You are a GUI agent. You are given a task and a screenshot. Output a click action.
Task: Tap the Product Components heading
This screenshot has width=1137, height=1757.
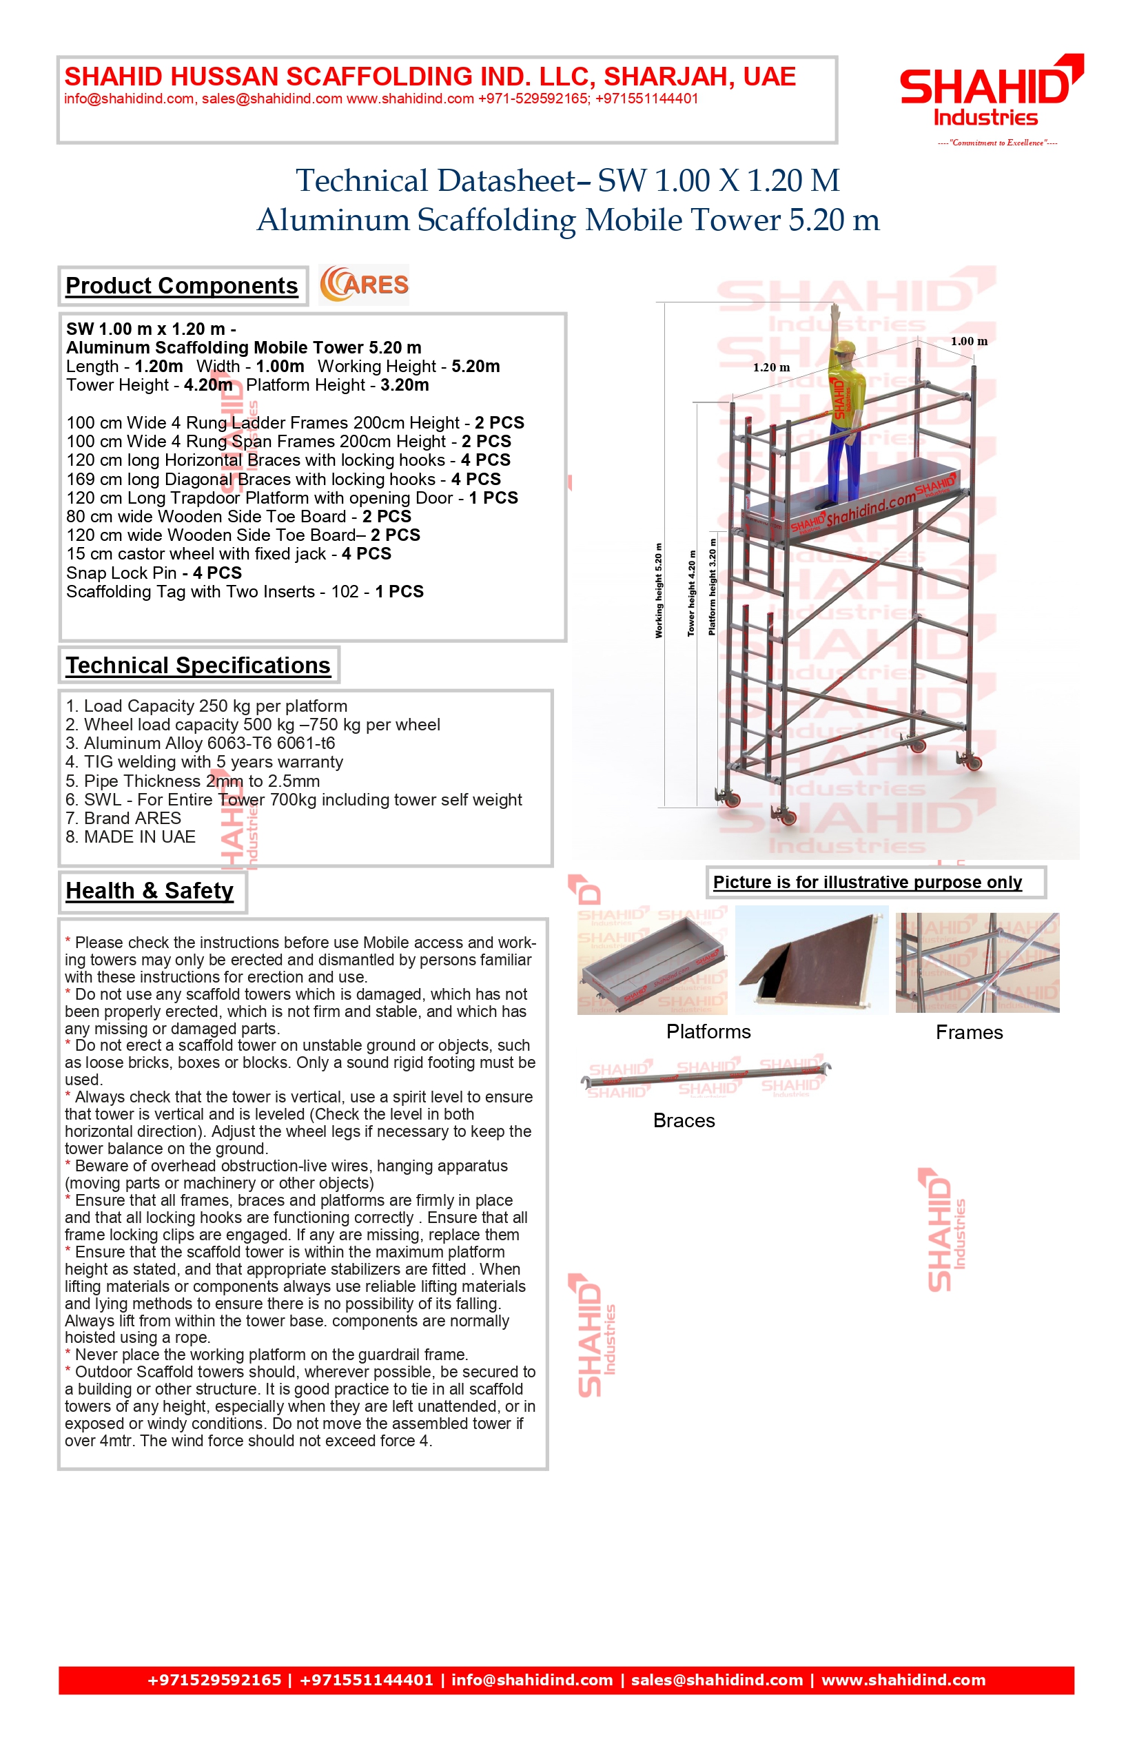pyautogui.click(x=182, y=286)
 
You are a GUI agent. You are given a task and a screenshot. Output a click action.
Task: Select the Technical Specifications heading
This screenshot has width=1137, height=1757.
pyautogui.click(x=198, y=665)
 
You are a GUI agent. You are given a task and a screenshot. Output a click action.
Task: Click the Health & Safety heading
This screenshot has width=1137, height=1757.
pyautogui.click(x=150, y=891)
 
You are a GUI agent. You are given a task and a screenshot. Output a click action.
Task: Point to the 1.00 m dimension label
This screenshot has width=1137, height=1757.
pyautogui.click(x=969, y=341)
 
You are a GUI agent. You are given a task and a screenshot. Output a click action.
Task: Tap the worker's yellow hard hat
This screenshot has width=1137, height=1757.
pyautogui.click(x=843, y=348)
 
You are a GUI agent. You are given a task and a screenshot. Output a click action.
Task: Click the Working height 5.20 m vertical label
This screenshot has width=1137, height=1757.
pyautogui.click(x=659, y=590)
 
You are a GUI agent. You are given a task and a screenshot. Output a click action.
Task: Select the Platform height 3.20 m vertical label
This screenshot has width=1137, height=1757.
pyautogui.click(x=712, y=587)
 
